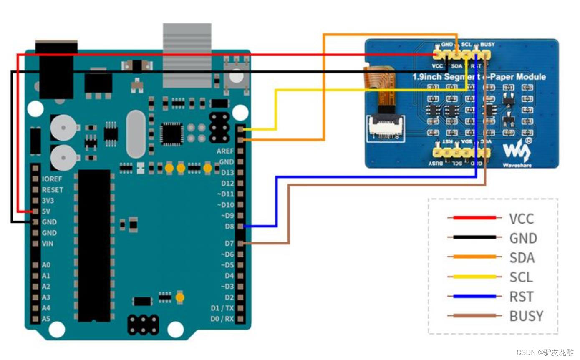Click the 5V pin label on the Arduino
(46, 211)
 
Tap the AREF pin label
(225, 151)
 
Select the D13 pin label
(227, 172)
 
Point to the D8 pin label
(229, 227)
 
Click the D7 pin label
(229, 243)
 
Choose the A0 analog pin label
(46, 265)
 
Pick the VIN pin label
(48, 244)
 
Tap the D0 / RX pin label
(223, 319)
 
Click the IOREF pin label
(52, 179)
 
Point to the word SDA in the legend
(522, 257)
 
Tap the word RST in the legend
(521, 297)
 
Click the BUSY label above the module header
(488, 44)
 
